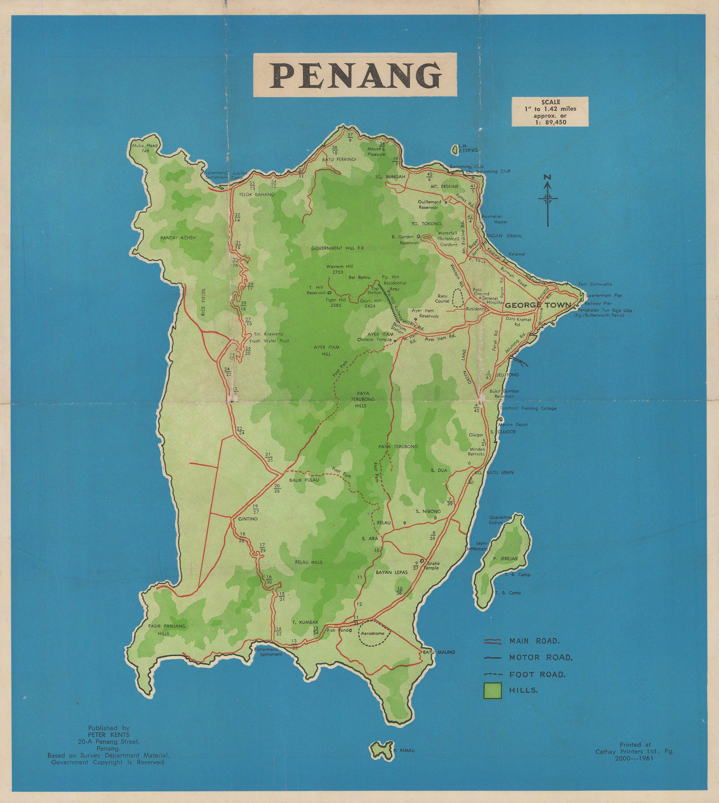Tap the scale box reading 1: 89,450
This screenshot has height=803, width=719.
(x=550, y=112)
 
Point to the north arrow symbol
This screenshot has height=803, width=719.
(x=548, y=199)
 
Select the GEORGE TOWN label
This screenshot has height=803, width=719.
(x=537, y=305)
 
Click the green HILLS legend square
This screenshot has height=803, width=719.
(x=492, y=690)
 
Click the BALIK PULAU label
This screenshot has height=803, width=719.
(x=304, y=480)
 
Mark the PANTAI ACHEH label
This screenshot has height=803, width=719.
(x=177, y=238)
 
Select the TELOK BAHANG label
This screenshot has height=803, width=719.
(x=256, y=194)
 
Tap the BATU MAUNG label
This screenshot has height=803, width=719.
(x=439, y=652)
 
